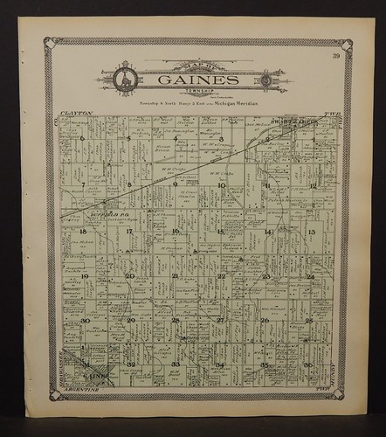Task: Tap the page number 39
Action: (336, 57)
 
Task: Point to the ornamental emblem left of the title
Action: (124, 80)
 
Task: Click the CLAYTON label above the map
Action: (77, 114)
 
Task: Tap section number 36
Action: (308, 364)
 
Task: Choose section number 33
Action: (176, 364)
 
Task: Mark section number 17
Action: (128, 232)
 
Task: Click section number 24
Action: (310, 277)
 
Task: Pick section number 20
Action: (129, 276)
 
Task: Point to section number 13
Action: (311, 232)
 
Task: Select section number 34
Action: (220, 364)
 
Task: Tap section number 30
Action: (85, 321)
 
